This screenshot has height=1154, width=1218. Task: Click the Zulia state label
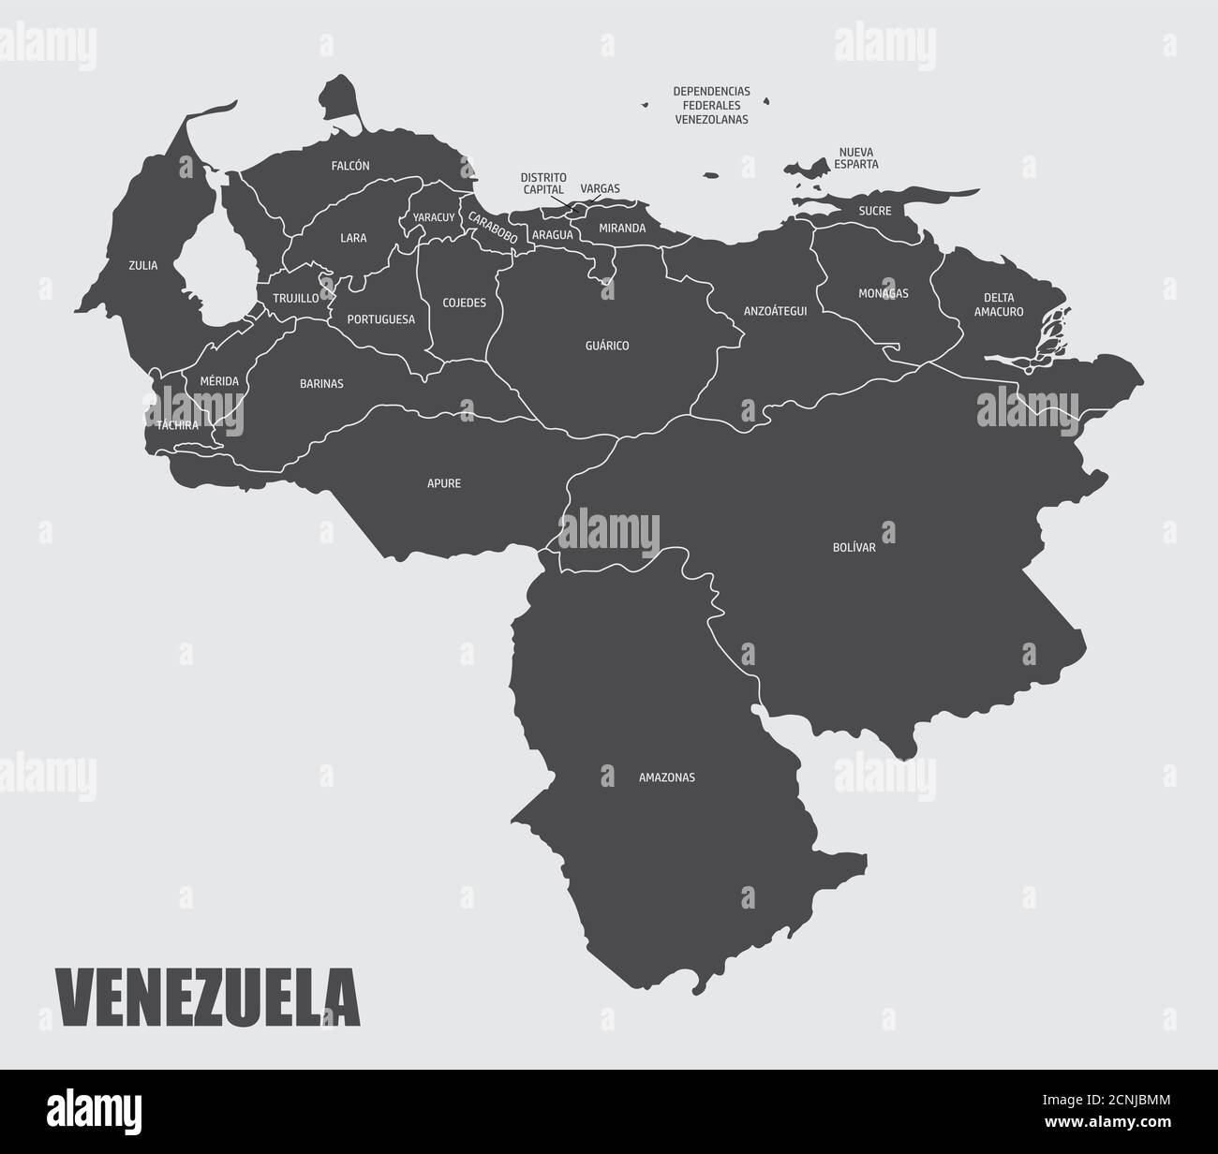click(143, 265)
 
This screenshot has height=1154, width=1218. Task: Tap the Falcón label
click(350, 166)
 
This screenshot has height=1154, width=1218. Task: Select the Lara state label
click(353, 238)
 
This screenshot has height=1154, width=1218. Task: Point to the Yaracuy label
click(434, 217)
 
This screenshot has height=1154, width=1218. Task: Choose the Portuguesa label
click(380, 319)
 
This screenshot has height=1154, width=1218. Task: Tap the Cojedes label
click(465, 303)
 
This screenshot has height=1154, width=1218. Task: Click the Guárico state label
click(607, 346)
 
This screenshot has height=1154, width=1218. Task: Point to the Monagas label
click(884, 293)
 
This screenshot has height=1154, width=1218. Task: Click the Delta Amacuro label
click(999, 304)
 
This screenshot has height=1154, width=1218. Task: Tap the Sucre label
click(875, 211)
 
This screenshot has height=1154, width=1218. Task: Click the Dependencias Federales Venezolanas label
click(712, 105)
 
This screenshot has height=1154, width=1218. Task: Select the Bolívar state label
click(854, 547)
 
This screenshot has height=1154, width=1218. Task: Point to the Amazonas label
click(667, 777)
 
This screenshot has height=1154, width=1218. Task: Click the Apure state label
click(444, 484)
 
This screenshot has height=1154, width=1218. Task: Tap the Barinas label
click(321, 383)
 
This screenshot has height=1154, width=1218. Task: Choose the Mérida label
click(219, 381)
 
